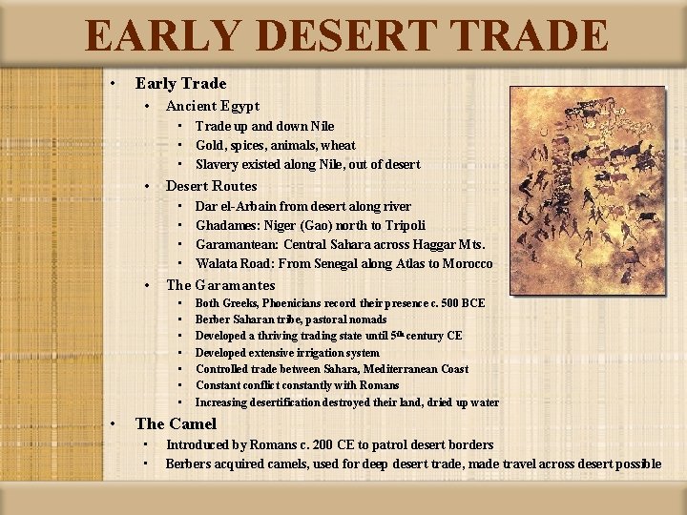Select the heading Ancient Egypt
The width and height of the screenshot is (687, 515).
pyautogui.click(x=213, y=106)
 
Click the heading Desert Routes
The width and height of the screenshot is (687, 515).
pyautogui.click(x=212, y=186)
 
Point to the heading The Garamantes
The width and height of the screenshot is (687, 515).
pyautogui.click(x=220, y=285)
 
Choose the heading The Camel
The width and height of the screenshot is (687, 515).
pyautogui.click(x=176, y=423)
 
